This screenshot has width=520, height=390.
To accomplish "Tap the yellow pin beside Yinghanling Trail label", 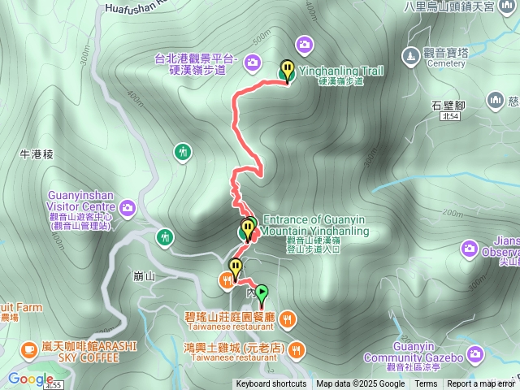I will (x=287, y=69).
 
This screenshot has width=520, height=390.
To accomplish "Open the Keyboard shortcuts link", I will (x=271, y=384).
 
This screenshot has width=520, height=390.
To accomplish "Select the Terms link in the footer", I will (x=426, y=384).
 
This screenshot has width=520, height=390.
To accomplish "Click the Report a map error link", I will (x=480, y=384).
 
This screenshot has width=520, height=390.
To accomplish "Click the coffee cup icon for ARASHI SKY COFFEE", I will (x=28, y=349).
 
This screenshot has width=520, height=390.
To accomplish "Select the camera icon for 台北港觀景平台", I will (x=253, y=61).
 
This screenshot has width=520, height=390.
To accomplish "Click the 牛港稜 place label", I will (x=37, y=154).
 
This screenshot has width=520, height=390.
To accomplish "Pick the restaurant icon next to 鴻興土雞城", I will (x=297, y=350).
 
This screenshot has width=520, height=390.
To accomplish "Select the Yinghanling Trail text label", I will (x=341, y=71).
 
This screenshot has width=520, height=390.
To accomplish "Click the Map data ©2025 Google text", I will (x=361, y=384).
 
